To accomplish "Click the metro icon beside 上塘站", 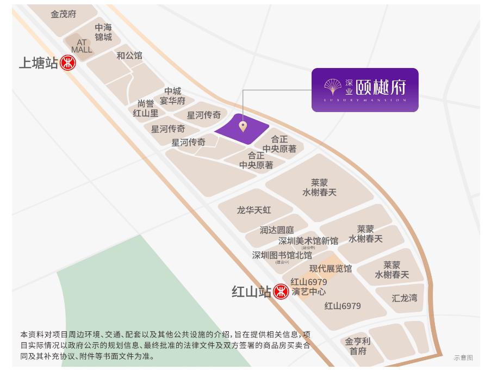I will tap(68, 63).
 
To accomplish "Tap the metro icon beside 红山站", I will tap(281, 292).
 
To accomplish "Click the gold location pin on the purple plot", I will tap(243, 127).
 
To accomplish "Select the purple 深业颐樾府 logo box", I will tap(365, 90).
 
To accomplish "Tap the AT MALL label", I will tap(82, 46).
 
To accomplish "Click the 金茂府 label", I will tap(64, 14).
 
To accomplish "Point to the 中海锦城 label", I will tap(103, 32).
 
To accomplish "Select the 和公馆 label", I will tap(129, 55).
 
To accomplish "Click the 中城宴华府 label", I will tap(172, 96).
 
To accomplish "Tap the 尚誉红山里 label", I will tap(146, 108).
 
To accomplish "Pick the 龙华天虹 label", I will tap(254, 210).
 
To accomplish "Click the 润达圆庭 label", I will tap(276, 230).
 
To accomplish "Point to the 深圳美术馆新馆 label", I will tap(308, 241).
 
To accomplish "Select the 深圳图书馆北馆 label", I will tap(282, 255).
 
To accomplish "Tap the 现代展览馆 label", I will tap(331, 268).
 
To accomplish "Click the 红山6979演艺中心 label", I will tap(309, 287).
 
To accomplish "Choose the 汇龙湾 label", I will tap(405, 298).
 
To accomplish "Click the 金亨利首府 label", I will tap(358, 346).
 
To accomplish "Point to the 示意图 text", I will tap(463, 357).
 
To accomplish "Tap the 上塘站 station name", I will tap(39, 63).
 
